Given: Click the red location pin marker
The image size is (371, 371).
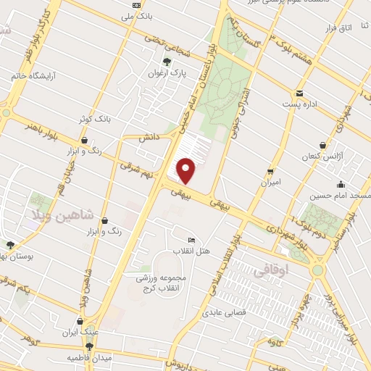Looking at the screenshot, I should (x=187, y=171).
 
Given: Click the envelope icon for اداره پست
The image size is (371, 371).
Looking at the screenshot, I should (x=299, y=93).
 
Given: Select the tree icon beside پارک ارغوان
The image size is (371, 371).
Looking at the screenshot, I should (x=168, y=62).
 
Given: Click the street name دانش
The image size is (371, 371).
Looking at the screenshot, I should (x=149, y=136).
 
